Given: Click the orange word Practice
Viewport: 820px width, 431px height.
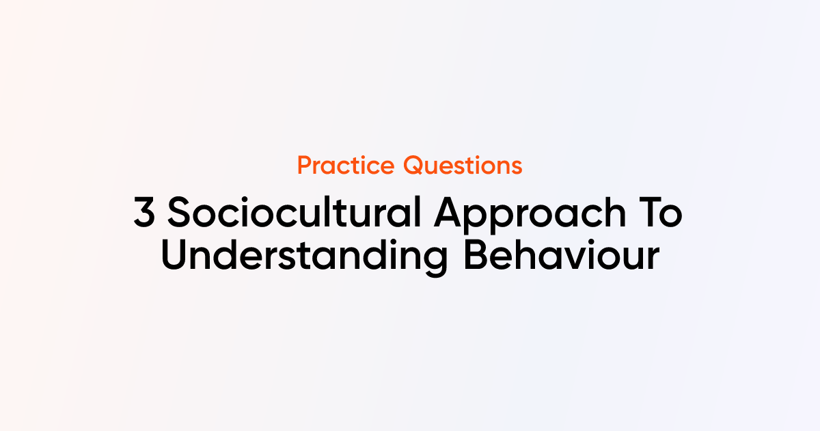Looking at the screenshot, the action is pos(346,166).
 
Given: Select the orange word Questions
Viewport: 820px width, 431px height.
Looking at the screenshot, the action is pos(463,166).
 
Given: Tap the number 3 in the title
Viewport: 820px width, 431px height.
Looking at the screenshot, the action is pos(144,212).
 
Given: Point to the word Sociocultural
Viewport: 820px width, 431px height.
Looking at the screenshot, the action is pos(295,212).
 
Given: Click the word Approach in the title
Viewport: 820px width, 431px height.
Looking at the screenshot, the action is pos(530,215).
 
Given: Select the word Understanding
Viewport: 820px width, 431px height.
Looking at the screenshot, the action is pos(304,257).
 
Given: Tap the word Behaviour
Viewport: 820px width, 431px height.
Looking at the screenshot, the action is pos(562,254).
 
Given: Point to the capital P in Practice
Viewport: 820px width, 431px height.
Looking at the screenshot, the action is pos(305,166).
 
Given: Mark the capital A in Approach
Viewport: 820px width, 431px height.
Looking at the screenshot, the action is pos(448,212).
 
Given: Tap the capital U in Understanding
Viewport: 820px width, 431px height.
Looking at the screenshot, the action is pos(174,255).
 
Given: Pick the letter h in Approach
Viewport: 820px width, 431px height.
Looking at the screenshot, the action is pos(616,211).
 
